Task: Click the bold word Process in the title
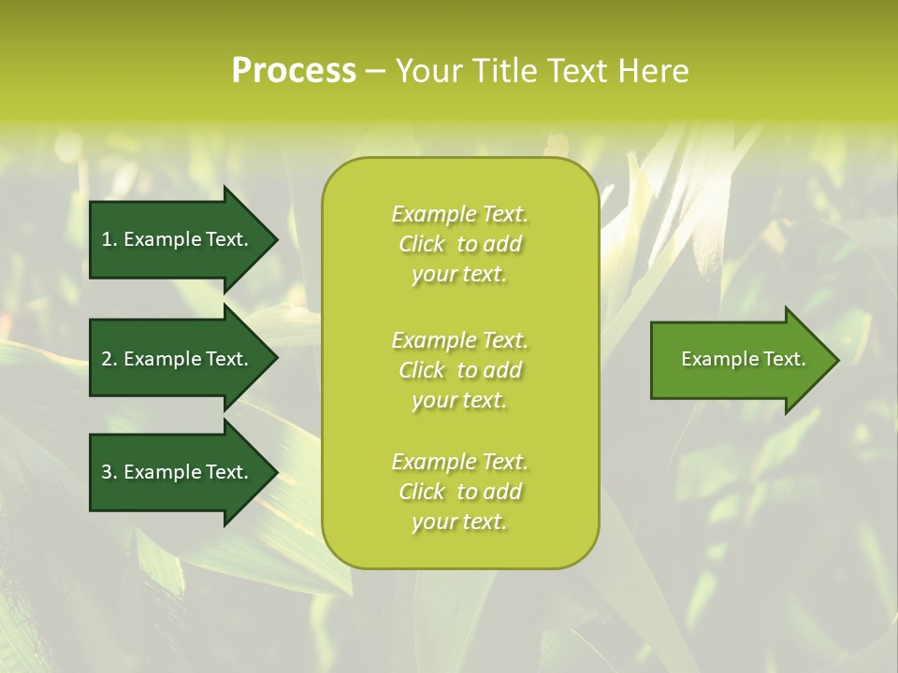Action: click(x=294, y=71)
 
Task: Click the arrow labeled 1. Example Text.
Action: click(x=178, y=239)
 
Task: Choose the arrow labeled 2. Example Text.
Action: click(x=178, y=359)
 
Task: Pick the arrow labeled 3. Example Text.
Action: click(x=178, y=472)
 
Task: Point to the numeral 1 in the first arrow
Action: click(x=107, y=239)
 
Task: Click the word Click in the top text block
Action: click(x=422, y=244)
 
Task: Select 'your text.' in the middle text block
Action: click(x=459, y=400)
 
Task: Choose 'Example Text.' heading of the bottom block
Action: click(x=459, y=462)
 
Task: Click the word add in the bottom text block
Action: click(x=502, y=492)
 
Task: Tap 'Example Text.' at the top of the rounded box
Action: click(x=459, y=214)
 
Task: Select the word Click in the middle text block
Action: click(x=422, y=370)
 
